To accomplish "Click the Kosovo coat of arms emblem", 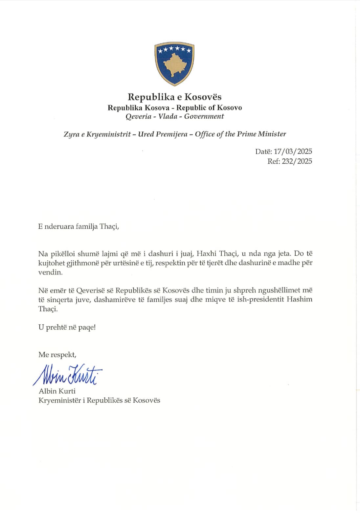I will (174, 63).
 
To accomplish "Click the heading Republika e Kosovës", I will (174, 97).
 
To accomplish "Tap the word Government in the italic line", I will (204, 116).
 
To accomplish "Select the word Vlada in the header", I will (168, 116).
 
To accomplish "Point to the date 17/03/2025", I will (293, 152).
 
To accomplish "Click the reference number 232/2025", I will (297, 161).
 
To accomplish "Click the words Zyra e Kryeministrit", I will (97, 134).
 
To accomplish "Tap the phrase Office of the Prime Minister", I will (240, 134).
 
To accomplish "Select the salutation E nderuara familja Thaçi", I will (79, 226).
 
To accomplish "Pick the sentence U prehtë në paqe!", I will (67, 327).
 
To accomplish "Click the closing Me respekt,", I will (57, 355).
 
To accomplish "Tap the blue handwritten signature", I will (68, 375).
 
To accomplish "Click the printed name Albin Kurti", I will (57, 391).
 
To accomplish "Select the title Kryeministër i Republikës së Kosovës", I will (99, 400).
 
